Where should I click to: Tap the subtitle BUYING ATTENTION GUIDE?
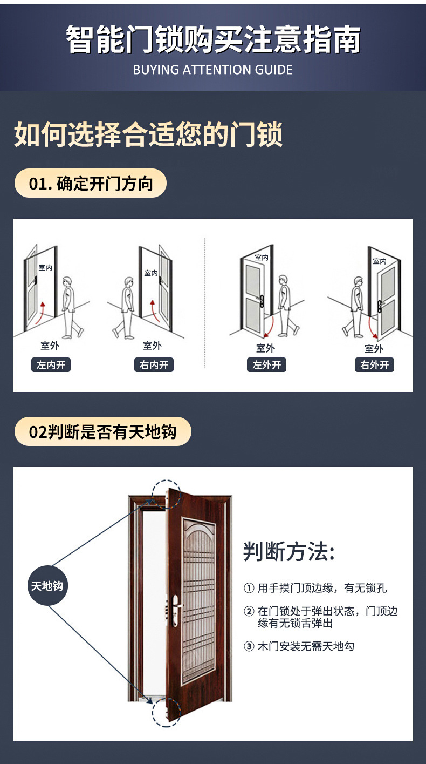pyautogui.click(x=213, y=70)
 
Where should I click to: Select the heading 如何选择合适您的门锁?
pyautogui.click(x=148, y=134)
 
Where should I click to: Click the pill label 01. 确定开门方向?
pyautogui.click(x=91, y=184)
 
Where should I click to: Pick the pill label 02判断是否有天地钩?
pyautogui.click(x=102, y=432)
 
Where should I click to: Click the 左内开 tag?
pyautogui.click(x=51, y=365)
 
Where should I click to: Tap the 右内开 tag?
pyautogui.click(x=154, y=365)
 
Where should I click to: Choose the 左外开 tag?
pyautogui.click(x=267, y=365)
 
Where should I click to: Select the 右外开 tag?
pyautogui.click(x=375, y=365)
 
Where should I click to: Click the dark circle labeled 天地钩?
pyautogui.click(x=47, y=586)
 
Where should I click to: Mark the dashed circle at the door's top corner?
pyautogui.click(x=166, y=493)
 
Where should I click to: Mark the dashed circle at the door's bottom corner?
pyautogui.click(x=166, y=712)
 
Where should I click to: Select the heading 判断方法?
pyautogui.click(x=289, y=552)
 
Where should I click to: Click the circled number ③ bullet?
pyautogui.click(x=249, y=646)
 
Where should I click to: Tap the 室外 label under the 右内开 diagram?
pyautogui.click(x=153, y=346)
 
